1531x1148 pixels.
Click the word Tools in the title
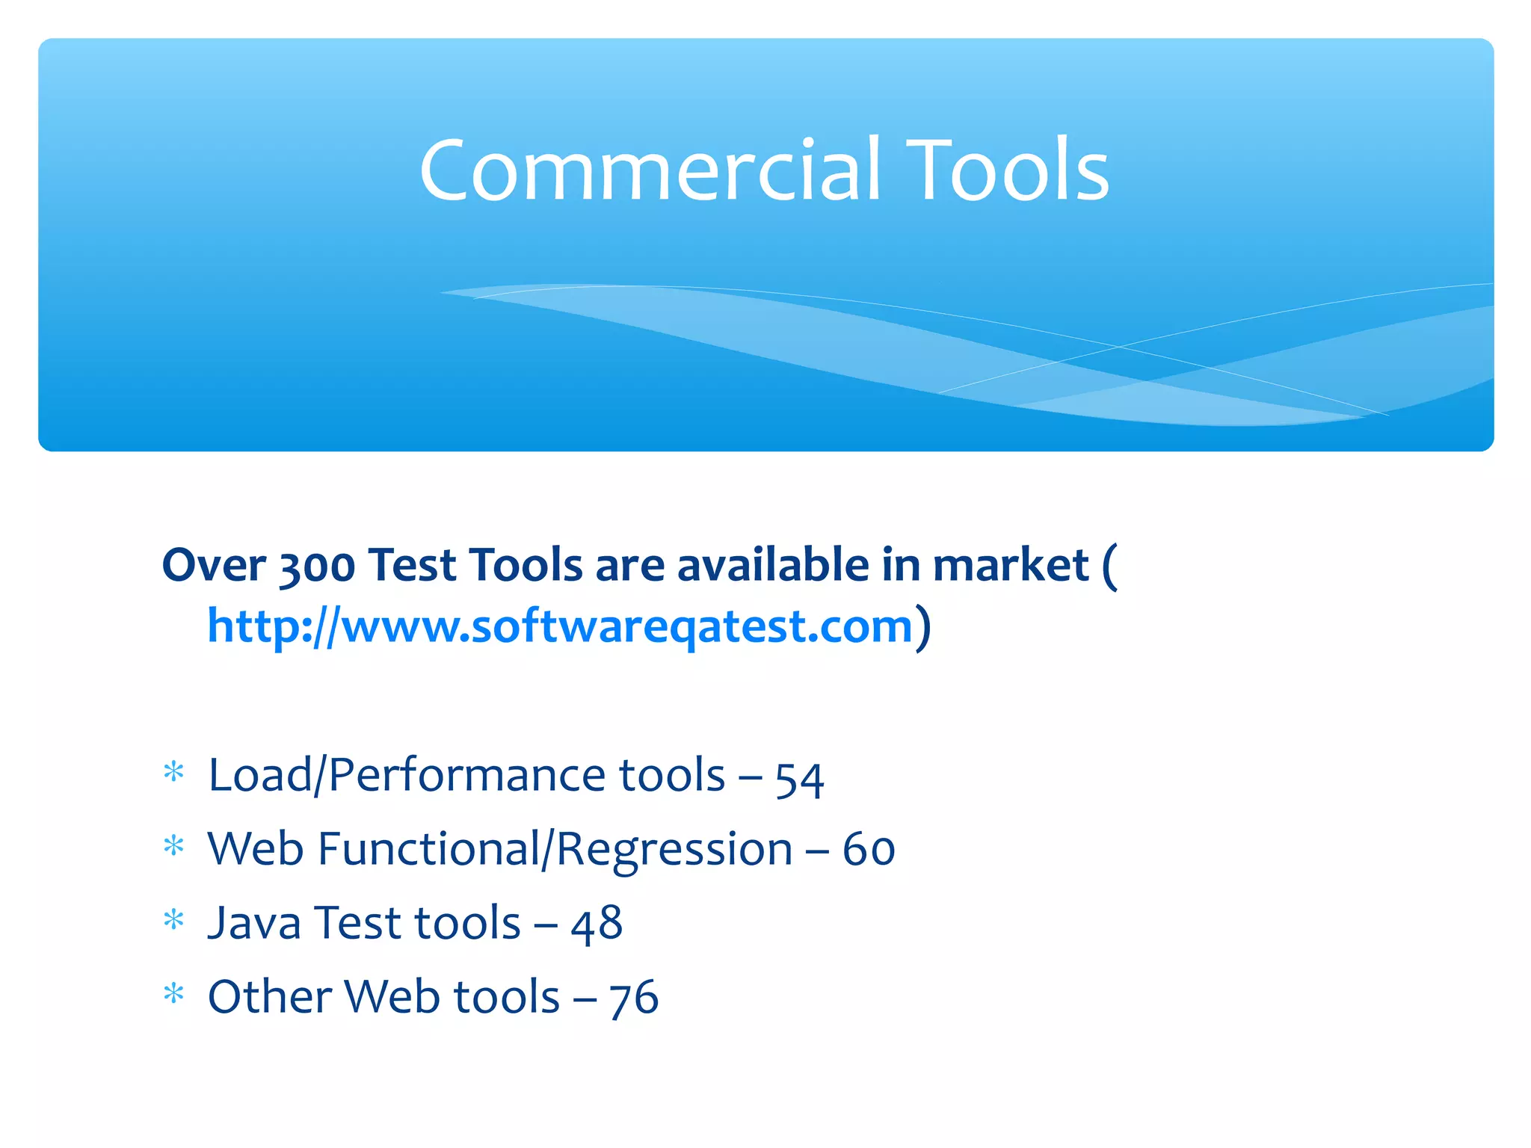tap(1010, 170)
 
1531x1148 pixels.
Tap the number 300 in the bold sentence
tap(316, 566)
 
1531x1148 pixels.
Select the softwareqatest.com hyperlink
tap(559, 626)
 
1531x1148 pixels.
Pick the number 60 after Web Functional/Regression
tap(869, 851)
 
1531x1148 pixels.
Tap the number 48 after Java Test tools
tap(597, 925)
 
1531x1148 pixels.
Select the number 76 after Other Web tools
tap(633, 999)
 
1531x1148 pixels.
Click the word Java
tap(254, 923)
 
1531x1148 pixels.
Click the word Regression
tap(674, 851)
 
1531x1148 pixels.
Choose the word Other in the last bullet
tap(269, 997)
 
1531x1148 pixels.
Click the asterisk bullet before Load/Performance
tap(173, 772)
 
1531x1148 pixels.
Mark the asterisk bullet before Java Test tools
tap(173, 920)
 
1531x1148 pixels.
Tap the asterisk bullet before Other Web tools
tap(173, 994)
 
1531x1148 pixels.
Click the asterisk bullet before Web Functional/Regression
tap(173, 846)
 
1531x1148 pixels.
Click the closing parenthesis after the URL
tap(924, 627)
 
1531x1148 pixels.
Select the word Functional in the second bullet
tap(428, 850)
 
